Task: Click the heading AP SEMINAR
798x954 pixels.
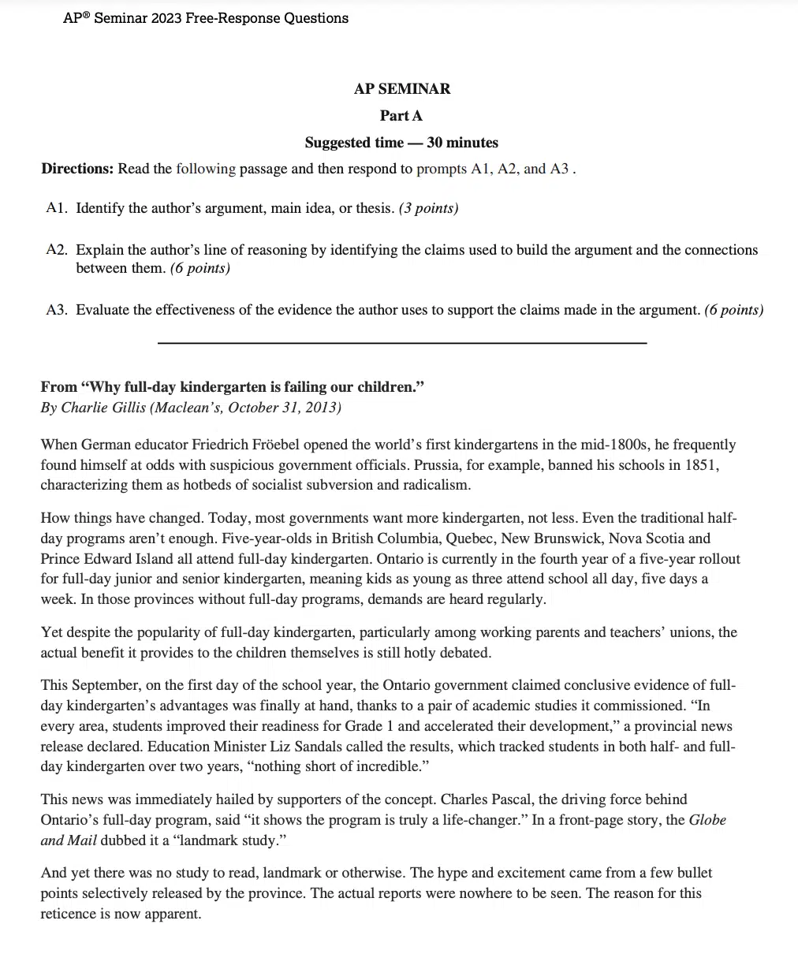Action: pyautogui.click(x=402, y=89)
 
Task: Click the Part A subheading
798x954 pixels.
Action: pyautogui.click(x=401, y=116)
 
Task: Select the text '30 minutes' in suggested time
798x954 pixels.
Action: pyautogui.click(x=462, y=143)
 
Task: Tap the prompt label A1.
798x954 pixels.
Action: pyautogui.click(x=56, y=208)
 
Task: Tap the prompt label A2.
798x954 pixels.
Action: pyautogui.click(x=56, y=250)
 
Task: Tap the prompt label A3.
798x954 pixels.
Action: pyautogui.click(x=56, y=310)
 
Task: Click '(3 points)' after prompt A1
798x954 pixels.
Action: pyautogui.click(x=428, y=208)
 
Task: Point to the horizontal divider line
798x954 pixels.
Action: pyautogui.click(x=402, y=342)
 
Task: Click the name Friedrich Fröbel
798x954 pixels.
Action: pyautogui.click(x=259, y=445)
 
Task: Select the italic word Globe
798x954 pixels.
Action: pyautogui.click(x=707, y=820)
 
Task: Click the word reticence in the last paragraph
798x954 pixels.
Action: pyautogui.click(x=69, y=914)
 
